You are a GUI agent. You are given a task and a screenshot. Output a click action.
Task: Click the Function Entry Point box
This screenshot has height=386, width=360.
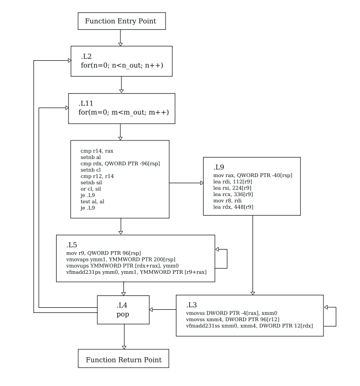121,21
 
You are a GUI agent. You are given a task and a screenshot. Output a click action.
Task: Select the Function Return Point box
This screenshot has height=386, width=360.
123,358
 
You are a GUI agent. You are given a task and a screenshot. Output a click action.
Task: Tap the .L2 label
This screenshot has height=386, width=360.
86,57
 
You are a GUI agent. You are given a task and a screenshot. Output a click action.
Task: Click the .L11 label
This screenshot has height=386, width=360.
86,103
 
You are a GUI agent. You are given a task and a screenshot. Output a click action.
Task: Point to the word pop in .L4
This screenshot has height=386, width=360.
123,314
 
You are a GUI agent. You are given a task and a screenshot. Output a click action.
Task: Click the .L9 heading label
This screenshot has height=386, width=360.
219,167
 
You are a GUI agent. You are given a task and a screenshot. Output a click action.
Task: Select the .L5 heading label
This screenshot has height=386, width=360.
71,245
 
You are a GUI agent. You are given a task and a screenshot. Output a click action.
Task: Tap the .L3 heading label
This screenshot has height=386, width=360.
191,305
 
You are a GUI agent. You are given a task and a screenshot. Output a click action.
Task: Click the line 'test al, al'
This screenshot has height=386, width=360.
92,202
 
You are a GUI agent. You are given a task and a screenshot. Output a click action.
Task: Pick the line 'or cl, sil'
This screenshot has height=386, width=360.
91,189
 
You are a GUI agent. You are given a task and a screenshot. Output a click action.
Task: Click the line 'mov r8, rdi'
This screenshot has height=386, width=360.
227,201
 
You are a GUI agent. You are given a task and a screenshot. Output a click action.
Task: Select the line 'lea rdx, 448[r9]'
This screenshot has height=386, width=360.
233,207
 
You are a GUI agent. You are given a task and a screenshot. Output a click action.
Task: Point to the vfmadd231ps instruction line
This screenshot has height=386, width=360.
136,272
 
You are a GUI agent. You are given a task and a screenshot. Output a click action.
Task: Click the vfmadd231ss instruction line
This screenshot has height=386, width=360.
249,326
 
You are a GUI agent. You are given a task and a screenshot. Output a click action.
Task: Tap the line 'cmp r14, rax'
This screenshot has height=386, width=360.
97,151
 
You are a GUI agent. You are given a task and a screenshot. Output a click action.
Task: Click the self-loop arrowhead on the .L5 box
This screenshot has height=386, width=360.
217,250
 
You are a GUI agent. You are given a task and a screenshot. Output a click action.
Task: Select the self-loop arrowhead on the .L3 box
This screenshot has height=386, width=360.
326,307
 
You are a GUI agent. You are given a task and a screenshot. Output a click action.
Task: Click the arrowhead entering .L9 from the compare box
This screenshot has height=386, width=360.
202,183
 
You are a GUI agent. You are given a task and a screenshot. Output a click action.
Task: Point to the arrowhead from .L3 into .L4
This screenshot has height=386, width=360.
151,309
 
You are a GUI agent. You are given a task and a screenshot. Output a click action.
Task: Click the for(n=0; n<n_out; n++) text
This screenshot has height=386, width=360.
122,65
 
